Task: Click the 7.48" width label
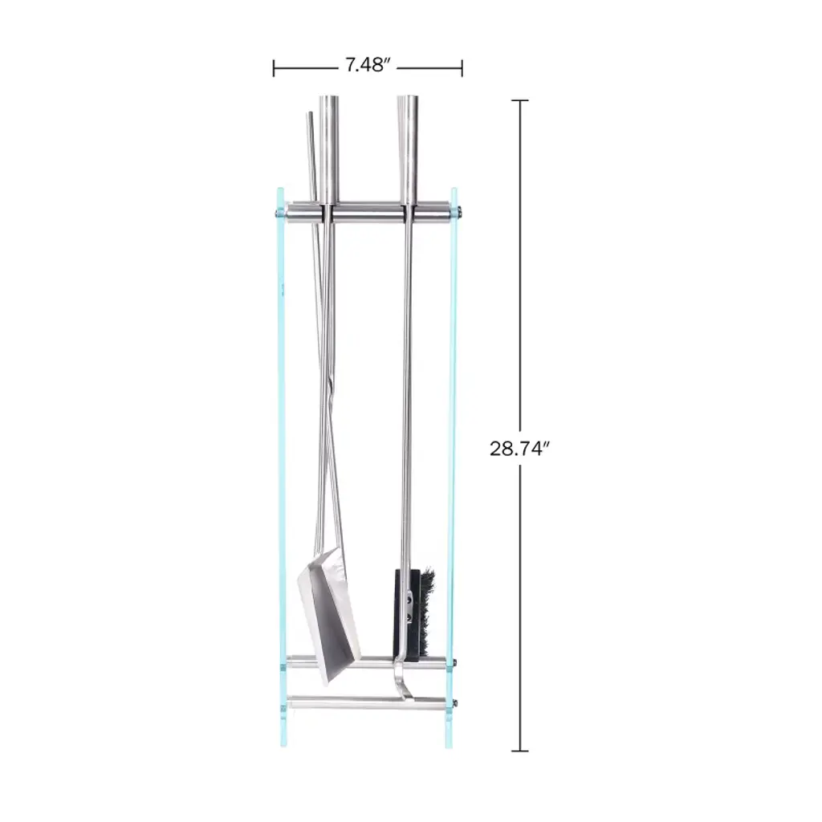coord(368,65)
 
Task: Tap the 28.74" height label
coord(519,449)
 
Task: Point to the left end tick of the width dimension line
coord(274,68)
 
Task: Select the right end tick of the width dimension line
coord(462,68)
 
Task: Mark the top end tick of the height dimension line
coord(519,100)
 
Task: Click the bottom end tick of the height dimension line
coord(519,751)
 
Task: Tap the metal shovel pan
coord(329,616)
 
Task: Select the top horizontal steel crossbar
coord(368,212)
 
